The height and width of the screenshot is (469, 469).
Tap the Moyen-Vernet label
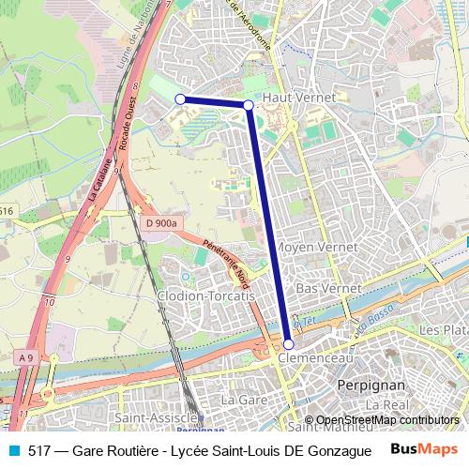[317, 247]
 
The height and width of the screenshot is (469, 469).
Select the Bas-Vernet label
[322, 290]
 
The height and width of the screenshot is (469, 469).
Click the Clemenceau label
[314, 358]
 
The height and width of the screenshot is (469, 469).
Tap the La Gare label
[239, 400]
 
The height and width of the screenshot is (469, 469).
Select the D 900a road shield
[161, 222]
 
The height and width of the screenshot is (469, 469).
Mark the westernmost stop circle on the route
[180, 98]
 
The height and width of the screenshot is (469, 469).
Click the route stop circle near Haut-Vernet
[248, 105]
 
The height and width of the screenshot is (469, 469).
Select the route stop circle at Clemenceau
[288, 344]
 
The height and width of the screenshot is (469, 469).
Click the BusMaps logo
[418, 449]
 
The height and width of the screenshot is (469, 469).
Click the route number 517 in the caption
[38, 450]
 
